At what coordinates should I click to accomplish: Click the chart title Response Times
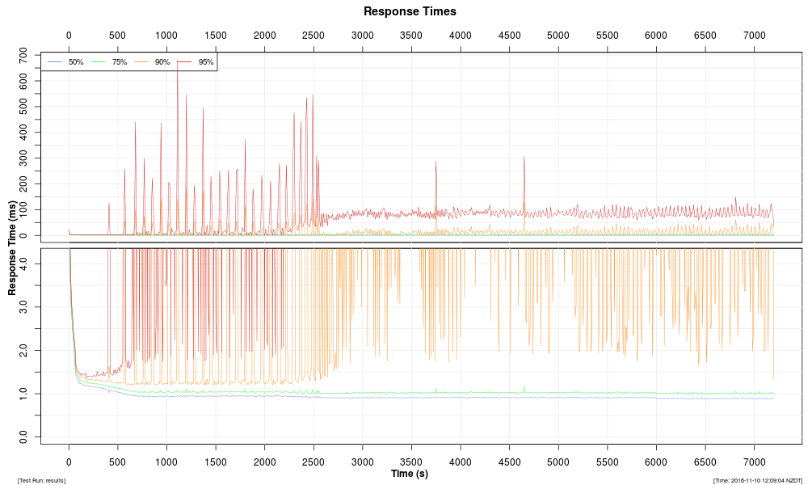[410, 11]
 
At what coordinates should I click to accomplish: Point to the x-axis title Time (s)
[410, 474]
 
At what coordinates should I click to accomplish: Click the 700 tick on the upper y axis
[24, 55]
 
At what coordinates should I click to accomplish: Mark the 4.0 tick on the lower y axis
[24, 264]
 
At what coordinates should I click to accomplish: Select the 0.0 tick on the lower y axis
[24, 436]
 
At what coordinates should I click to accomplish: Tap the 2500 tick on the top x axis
[314, 36]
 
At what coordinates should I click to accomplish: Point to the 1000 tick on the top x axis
[166, 36]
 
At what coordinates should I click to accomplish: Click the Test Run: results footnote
[41, 480]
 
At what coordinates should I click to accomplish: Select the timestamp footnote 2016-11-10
[757, 480]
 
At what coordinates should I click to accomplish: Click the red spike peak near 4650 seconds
[524, 157]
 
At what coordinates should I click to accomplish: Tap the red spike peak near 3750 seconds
[436, 162]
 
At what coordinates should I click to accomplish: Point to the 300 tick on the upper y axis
[24, 158]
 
